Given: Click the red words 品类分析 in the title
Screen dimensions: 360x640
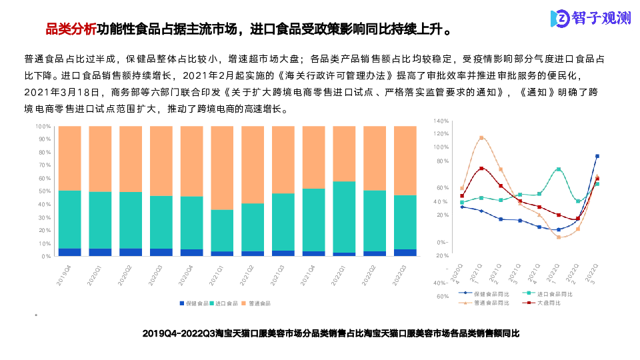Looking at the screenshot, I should pyautogui.click(x=70, y=29).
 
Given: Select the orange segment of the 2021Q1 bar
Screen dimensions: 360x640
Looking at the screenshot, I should pyautogui.click(x=222, y=167).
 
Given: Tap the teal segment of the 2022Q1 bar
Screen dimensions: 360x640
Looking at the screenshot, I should pyautogui.click(x=344, y=217).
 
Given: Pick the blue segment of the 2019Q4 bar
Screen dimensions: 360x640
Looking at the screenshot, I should pyautogui.click(x=69, y=252).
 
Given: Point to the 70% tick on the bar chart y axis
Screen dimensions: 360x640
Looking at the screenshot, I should pyautogui.click(x=43, y=165).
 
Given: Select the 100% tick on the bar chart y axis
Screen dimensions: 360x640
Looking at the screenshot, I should pyautogui.click(x=43, y=126).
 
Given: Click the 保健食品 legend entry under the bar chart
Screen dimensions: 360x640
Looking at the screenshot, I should pyautogui.click(x=195, y=303).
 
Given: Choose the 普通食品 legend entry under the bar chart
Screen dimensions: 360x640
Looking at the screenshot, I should pyautogui.click(x=257, y=303).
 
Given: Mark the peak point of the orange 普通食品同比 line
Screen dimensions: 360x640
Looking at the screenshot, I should pyautogui.click(x=481, y=138).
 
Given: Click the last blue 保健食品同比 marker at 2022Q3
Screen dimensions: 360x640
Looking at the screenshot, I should pyautogui.click(x=597, y=156).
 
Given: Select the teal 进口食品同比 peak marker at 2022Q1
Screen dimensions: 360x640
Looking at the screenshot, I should pyautogui.click(x=559, y=169).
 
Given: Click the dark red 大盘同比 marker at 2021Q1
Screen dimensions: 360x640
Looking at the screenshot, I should pyautogui.click(x=481, y=169).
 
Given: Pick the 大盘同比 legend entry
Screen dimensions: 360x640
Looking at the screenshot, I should pyautogui.click(x=547, y=303).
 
